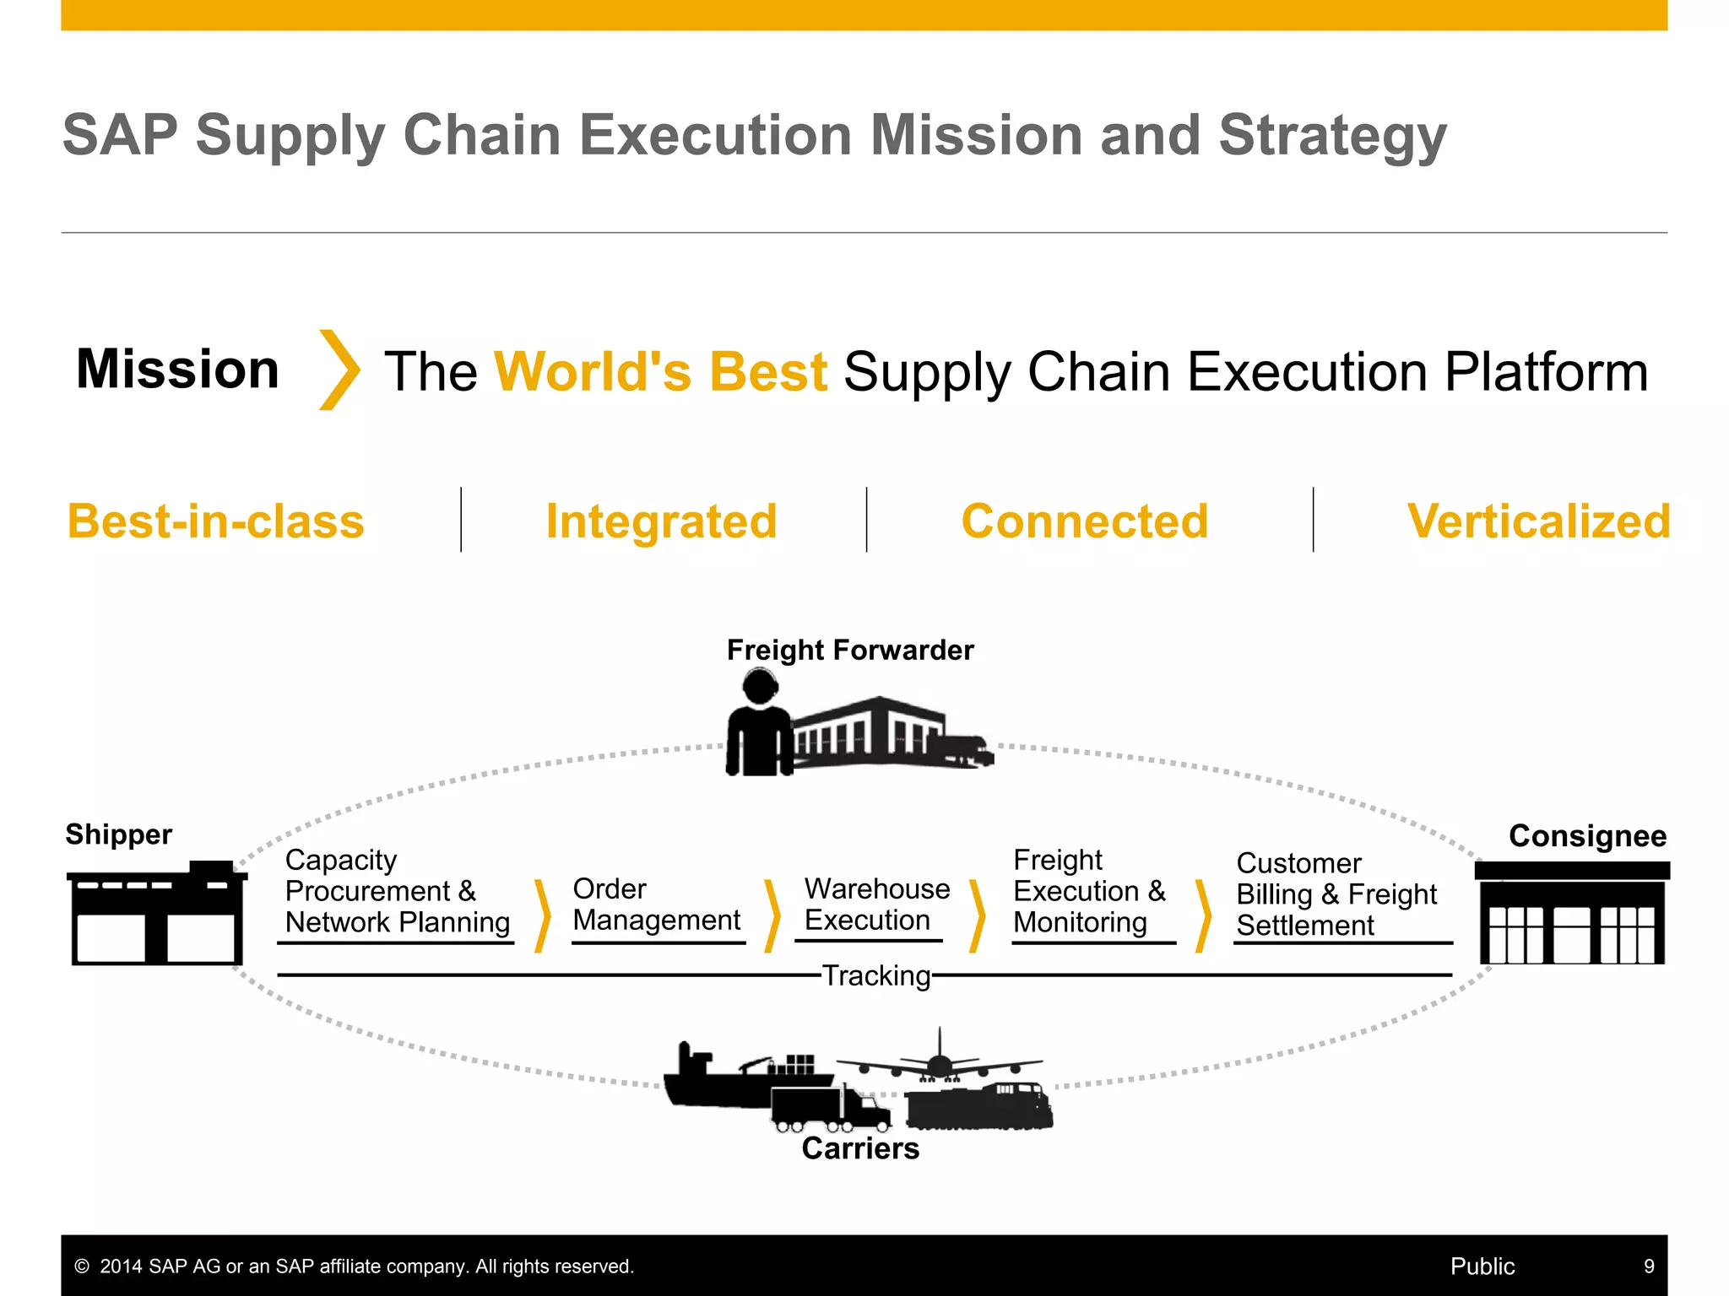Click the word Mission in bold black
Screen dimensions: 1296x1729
coord(177,370)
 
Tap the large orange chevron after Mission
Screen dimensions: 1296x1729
coord(339,370)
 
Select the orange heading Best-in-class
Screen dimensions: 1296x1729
coord(216,521)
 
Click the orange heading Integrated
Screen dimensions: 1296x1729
coord(661,521)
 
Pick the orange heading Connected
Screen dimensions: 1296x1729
coord(1085,521)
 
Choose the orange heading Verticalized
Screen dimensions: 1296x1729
coord(1538,521)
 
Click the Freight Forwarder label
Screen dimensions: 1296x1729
coord(849,650)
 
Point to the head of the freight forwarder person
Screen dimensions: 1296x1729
coord(760,685)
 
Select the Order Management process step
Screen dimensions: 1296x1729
coord(656,904)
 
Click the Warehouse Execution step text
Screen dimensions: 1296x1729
coord(876,904)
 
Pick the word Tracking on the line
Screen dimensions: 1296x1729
coord(876,975)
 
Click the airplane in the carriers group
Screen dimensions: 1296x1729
coord(939,1061)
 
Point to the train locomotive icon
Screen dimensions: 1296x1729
coord(979,1107)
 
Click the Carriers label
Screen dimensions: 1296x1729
coord(860,1148)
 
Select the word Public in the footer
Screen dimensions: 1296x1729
coord(1482,1266)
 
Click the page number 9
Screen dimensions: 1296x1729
coord(1649,1266)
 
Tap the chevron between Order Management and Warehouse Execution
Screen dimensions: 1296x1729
coord(772,915)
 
